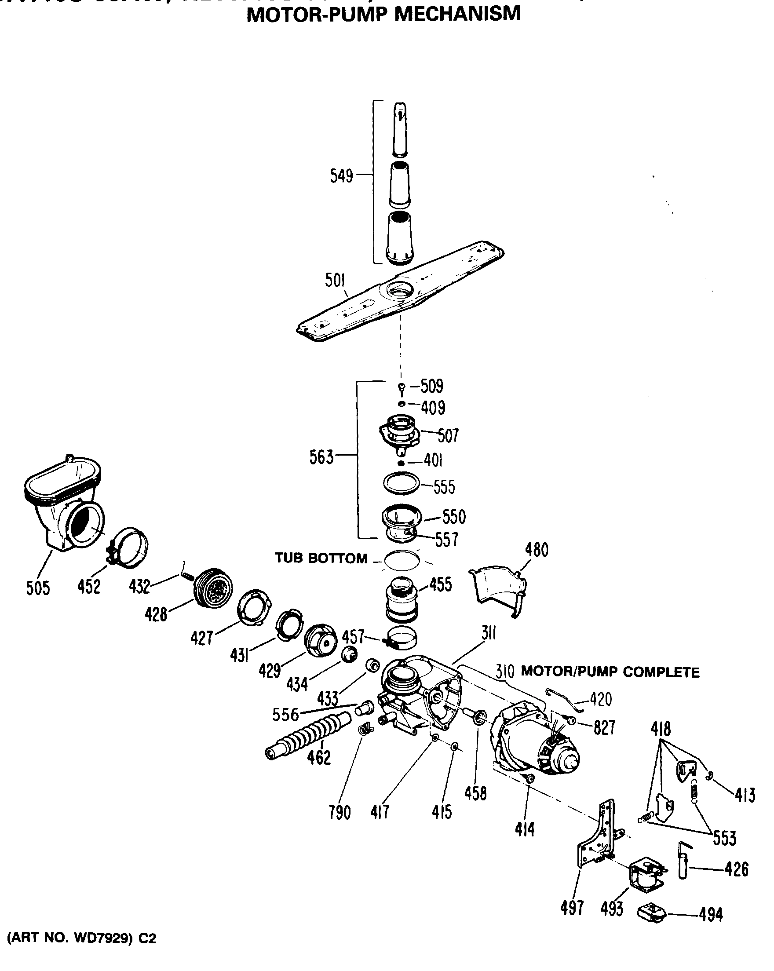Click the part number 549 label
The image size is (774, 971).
click(341, 175)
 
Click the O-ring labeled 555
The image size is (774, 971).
click(401, 483)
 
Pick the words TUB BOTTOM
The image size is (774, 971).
click(321, 559)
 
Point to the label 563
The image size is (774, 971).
click(321, 458)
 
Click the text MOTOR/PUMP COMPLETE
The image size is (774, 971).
click(610, 672)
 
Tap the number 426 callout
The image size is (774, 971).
click(736, 869)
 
